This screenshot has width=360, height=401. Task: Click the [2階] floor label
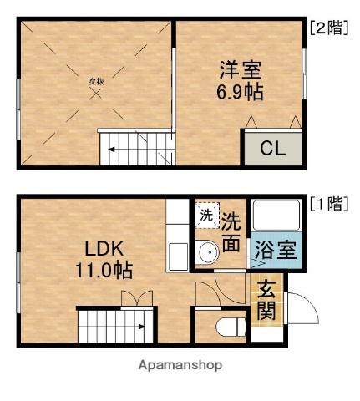click(327, 28)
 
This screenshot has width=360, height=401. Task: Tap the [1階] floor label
click(327, 204)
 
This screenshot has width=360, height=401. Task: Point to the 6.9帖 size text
click(241, 92)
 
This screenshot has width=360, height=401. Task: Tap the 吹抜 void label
click(96, 81)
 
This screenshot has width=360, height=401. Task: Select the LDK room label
click(104, 248)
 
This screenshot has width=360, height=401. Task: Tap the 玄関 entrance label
click(266, 301)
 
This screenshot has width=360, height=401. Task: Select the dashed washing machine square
click(206, 215)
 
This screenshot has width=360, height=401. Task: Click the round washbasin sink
click(208, 251)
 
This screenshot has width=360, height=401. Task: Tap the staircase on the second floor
click(134, 149)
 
